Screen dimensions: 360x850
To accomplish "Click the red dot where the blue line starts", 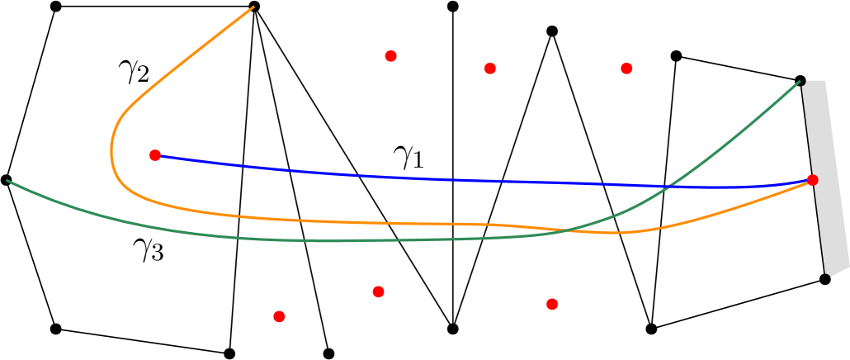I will (x=155, y=155).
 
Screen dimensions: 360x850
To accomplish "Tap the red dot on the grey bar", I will (x=812, y=180).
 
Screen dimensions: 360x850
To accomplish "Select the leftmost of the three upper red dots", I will (x=390, y=56).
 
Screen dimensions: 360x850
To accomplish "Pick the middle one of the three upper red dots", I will (x=490, y=69).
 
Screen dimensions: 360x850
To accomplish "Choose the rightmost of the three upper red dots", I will (x=626, y=69).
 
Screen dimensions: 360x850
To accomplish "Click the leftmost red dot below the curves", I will (x=279, y=316).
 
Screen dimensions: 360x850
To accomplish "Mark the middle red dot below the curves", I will (x=378, y=291).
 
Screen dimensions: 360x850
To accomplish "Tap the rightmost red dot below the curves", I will (x=552, y=304).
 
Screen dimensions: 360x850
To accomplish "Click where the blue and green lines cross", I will (x=671, y=186).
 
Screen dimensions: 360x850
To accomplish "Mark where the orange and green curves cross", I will (x=569, y=230).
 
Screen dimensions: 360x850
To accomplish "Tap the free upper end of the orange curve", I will (x=253, y=7).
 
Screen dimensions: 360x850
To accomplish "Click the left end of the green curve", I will (x=7, y=180).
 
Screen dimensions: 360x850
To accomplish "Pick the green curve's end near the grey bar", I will (x=799, y=82).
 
